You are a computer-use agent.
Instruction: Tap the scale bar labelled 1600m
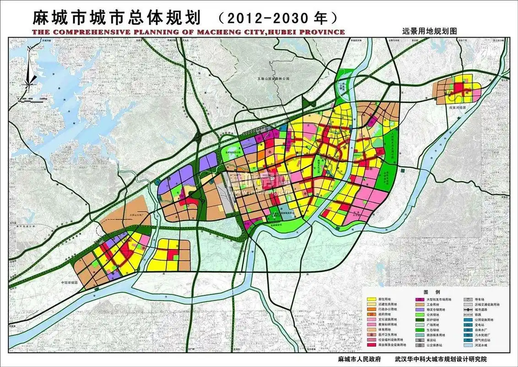(x=32, y=99)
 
